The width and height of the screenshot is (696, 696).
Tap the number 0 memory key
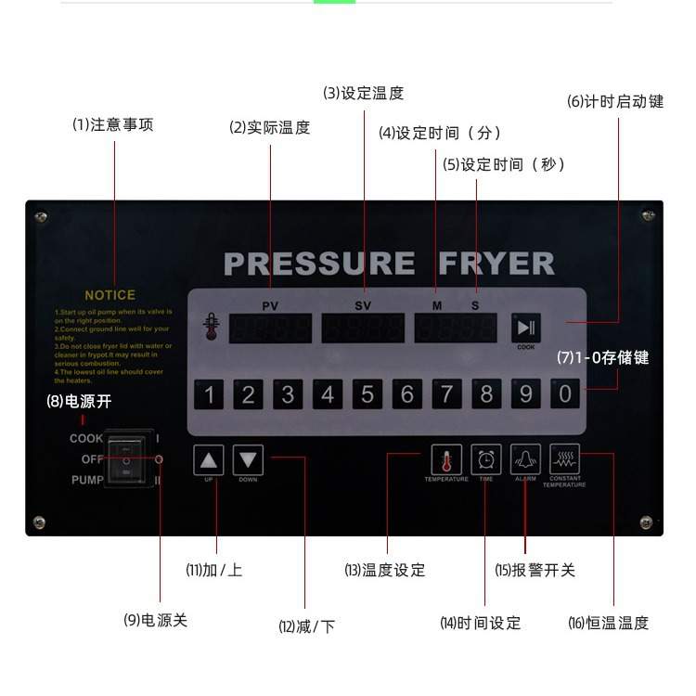(x=565, y=394)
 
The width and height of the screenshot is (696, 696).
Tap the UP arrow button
(x=209, y=459)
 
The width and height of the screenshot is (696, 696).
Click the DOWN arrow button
(x=248, y=459)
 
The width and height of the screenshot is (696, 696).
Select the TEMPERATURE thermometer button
(x=446, y=460)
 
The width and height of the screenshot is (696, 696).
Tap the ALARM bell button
(x=525, y=459)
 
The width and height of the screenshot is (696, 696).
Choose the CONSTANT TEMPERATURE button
(x=563, y=459)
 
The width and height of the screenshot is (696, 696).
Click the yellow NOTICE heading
(x=110, y=295)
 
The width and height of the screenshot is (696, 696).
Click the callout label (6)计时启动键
(x=615, y=102)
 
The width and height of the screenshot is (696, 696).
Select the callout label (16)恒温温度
(x=608, y=623)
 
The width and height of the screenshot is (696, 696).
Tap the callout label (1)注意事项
(x=113, y=124)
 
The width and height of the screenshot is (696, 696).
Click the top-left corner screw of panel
(x=40, y=217)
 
